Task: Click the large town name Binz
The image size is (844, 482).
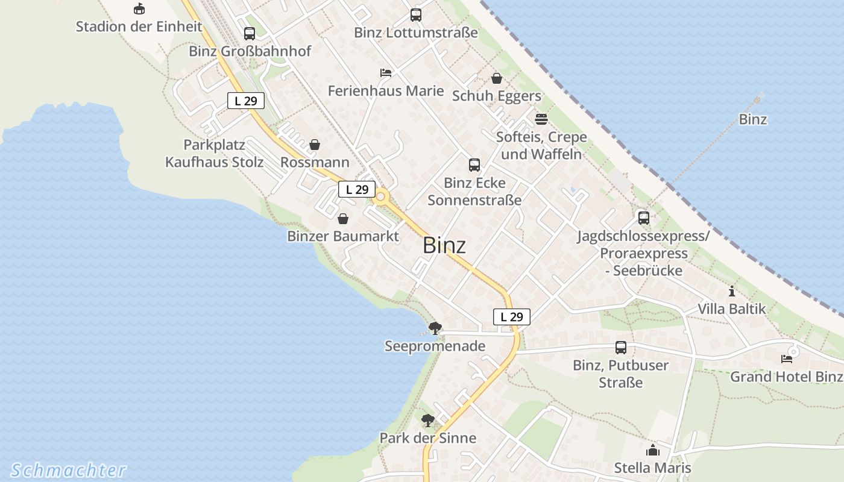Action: coord(444,245)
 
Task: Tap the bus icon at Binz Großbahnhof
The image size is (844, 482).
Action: coord(250,34)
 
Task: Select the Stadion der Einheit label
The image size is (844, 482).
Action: coord(139,27)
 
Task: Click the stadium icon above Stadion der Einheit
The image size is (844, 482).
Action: coord(139,8)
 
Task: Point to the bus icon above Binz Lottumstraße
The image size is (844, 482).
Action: coord(416,15)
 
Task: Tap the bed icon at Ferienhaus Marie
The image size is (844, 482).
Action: coord(386,73)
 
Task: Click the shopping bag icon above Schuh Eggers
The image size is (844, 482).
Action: coord(497,78)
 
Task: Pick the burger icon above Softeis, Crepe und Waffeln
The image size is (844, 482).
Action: coord(541,119)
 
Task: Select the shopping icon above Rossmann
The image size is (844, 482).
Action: coord(315,145)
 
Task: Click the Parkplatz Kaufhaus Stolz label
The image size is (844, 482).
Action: coord(214,154)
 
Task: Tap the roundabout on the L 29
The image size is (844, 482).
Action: coord(381,196)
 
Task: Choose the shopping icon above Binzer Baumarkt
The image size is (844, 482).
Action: coord(343,218)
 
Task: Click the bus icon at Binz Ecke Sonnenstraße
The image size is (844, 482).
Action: coord(474,164)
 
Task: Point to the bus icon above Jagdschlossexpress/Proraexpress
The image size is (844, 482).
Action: coord(644,218)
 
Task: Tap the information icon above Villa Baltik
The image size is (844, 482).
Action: coord(732,292)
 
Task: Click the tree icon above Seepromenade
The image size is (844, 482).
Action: coord(435,328)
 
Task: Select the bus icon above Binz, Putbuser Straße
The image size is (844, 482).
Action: coord(621,348)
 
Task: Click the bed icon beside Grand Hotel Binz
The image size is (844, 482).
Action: coord(787,359)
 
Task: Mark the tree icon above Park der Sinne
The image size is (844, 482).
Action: coord(428,420)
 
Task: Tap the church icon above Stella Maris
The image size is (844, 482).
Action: coord(652,450)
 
